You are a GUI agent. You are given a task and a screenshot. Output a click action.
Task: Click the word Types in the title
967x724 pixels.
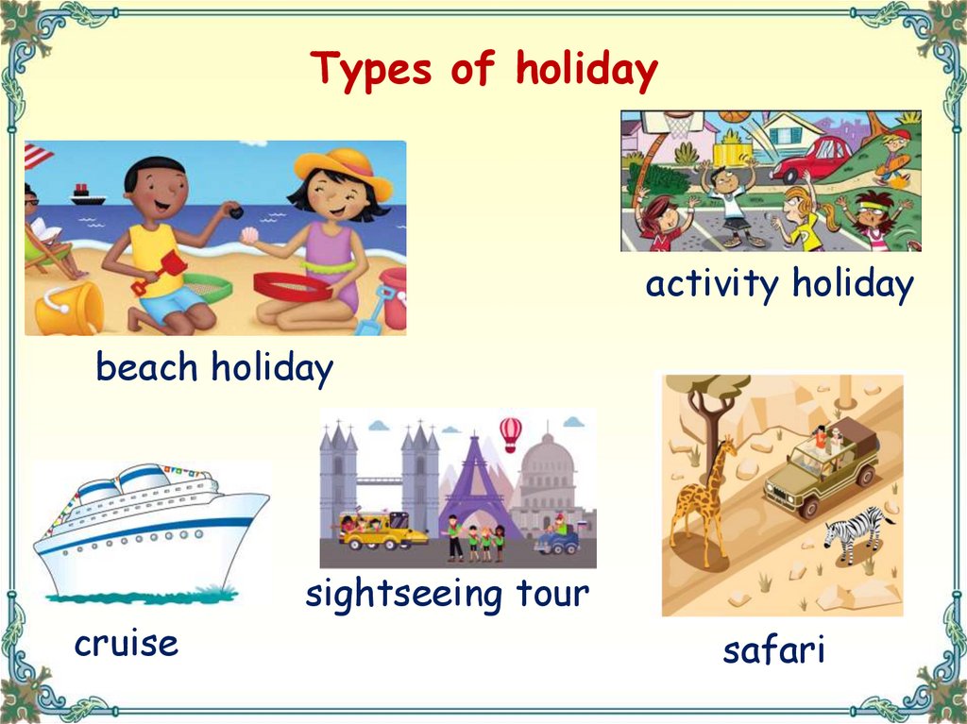click(x=373, y=71)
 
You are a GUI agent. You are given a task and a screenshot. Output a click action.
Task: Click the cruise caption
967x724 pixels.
click(x=126, y=644)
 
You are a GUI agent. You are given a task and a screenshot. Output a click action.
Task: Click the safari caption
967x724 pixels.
click(x=773, y=649)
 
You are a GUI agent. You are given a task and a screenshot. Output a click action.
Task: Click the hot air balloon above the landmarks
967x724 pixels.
click(x=511, y=432)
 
